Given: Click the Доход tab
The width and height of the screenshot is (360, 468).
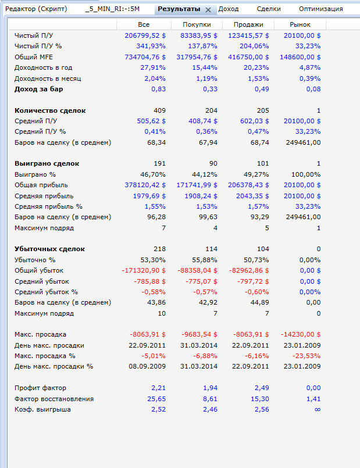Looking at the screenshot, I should pyautogui.click(x=229, y=9).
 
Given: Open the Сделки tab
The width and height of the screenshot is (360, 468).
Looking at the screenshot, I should pyautogui.click(x=269, y=9).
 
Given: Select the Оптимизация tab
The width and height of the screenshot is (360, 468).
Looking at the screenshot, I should pyautogui.click(x=320, y=9).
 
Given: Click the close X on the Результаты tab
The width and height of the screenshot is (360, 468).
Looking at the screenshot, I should pyautogui.click(x=208, y=10).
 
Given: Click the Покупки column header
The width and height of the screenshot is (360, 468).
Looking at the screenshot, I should pyautogui.click(x=197, y=25).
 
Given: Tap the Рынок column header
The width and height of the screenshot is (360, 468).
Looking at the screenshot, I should pyautogui.click(x=300, y=25).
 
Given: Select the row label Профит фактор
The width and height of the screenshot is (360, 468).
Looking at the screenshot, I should pyautogui.click(x=40, y=388).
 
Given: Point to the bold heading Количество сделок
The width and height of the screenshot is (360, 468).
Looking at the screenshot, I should pyautogui.click(x=50, y=110).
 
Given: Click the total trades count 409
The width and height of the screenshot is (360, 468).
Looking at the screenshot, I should pyautogui.click(x=159, y=110).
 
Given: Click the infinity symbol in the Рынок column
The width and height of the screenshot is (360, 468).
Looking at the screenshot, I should pyautogui.click(x=317, y=409).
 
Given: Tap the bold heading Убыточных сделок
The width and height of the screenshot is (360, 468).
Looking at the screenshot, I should pyautogui.click(x=49, y=249).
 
